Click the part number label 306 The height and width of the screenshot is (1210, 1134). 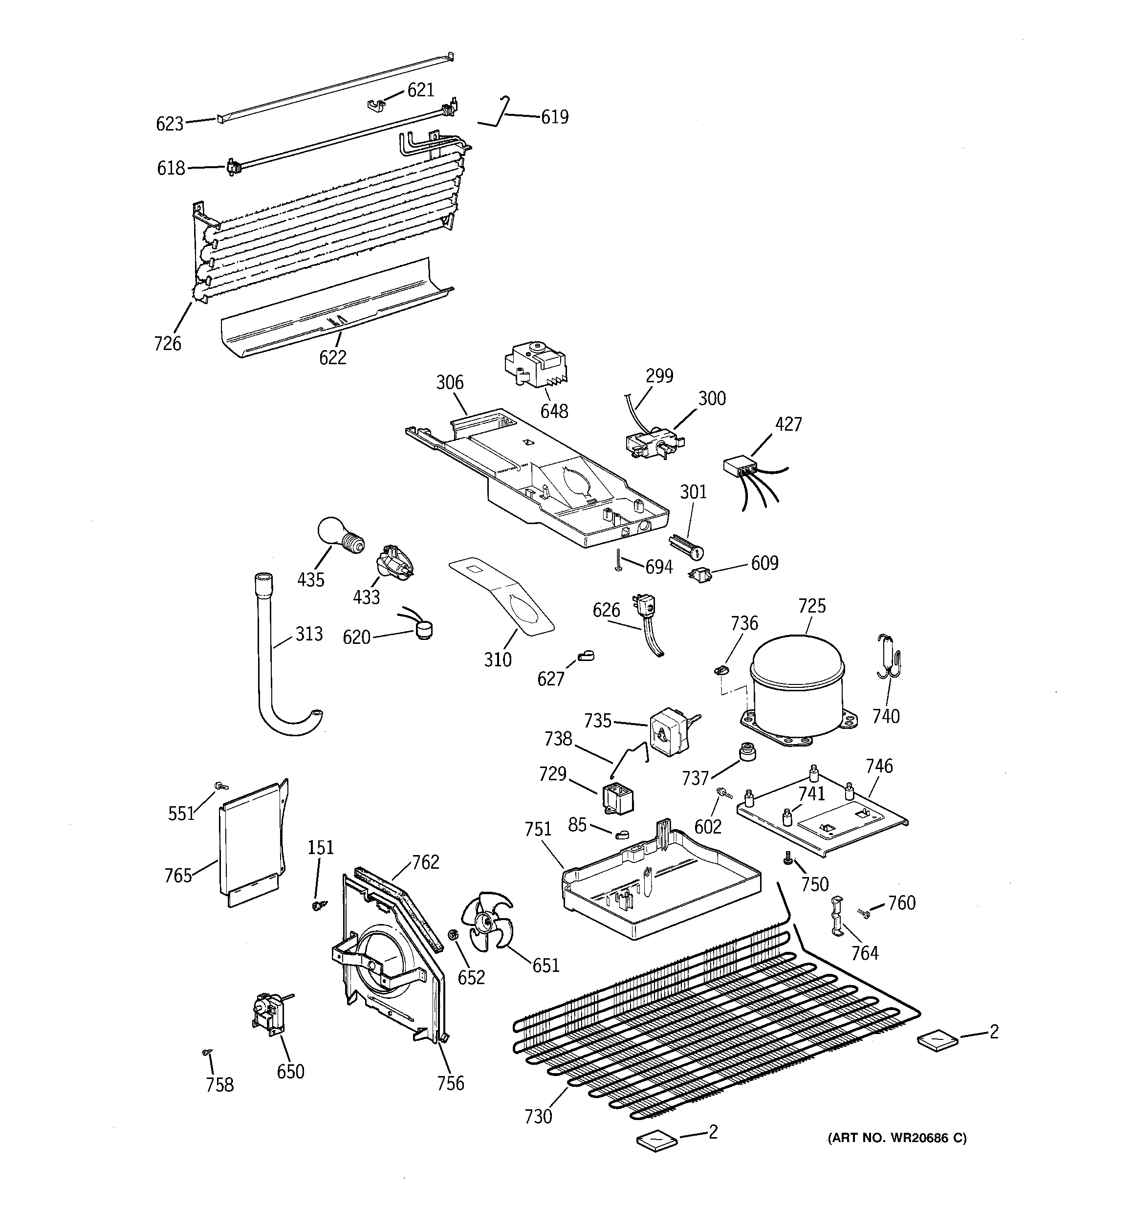point(449,382)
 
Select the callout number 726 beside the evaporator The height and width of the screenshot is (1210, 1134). point(167,343)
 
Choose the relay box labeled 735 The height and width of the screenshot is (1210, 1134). point(669,730)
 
